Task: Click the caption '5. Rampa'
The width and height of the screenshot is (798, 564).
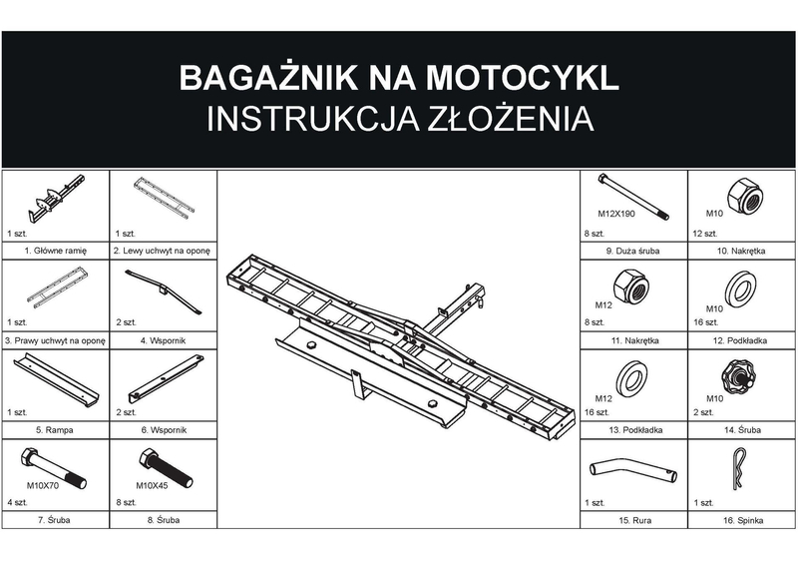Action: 55,429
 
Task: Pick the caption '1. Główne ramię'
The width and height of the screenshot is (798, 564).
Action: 55,251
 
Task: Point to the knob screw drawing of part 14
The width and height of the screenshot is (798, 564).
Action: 739,378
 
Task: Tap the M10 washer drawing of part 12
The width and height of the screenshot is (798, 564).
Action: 739,289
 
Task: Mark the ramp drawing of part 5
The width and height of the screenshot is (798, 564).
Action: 55,379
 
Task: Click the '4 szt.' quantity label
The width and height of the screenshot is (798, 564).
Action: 16,501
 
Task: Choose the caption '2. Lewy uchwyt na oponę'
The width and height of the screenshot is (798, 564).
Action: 163,251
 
